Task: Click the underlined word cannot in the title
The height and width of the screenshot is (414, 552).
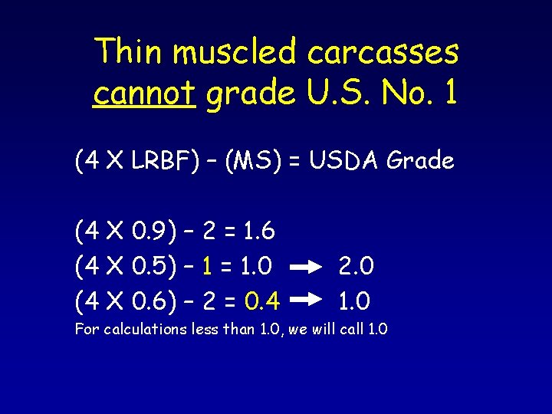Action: coord(144,93)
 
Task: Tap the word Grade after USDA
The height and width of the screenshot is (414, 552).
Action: coord(421,161)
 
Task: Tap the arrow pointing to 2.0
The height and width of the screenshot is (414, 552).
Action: coord(307,267)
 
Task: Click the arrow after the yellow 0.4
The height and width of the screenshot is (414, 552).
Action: coord(307,302)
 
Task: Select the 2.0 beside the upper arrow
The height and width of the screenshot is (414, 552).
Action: coord(356,265)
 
